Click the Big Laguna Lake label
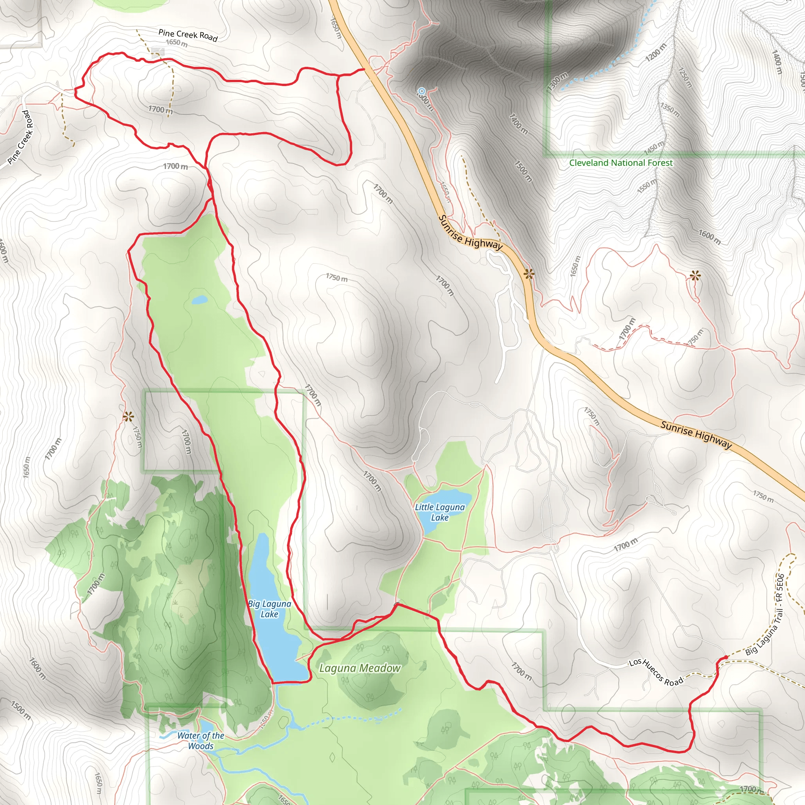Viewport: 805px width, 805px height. coord(269,609)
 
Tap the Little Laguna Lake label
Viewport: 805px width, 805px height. coord(439,512)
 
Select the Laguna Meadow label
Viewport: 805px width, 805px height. coord(360,668)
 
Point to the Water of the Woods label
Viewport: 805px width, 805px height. coord(201,741)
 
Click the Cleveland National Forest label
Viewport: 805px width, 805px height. coord(621,163)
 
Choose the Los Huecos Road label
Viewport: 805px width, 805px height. coord(656,672)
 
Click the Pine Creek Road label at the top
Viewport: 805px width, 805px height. coord(188,35)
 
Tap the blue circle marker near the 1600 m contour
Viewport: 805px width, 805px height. coord(422,90)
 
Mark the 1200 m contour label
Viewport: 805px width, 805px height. coord(656,52)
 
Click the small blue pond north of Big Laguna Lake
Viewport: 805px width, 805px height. coord(199,300)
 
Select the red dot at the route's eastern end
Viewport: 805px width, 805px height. coord(726,657)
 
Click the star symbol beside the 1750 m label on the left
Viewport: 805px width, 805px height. coord(128,416)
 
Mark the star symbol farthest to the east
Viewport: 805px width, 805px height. coord(695,276)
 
